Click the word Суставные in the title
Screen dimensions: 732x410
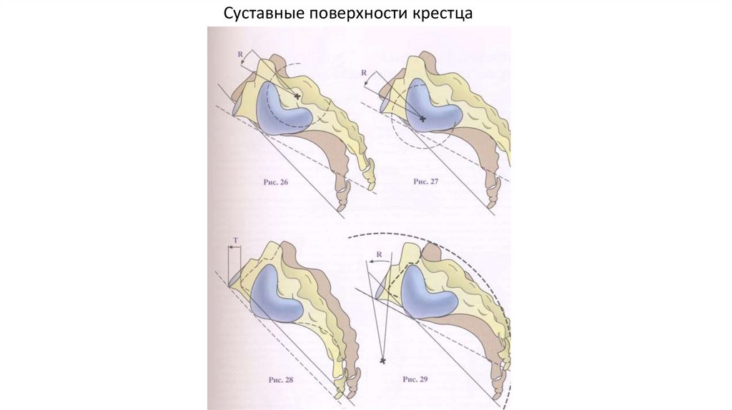click(255, 14)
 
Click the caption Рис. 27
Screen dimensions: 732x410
click(426, 182)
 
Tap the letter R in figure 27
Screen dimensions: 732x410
click(365, 73)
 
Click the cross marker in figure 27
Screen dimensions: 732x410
click(422, 117)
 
